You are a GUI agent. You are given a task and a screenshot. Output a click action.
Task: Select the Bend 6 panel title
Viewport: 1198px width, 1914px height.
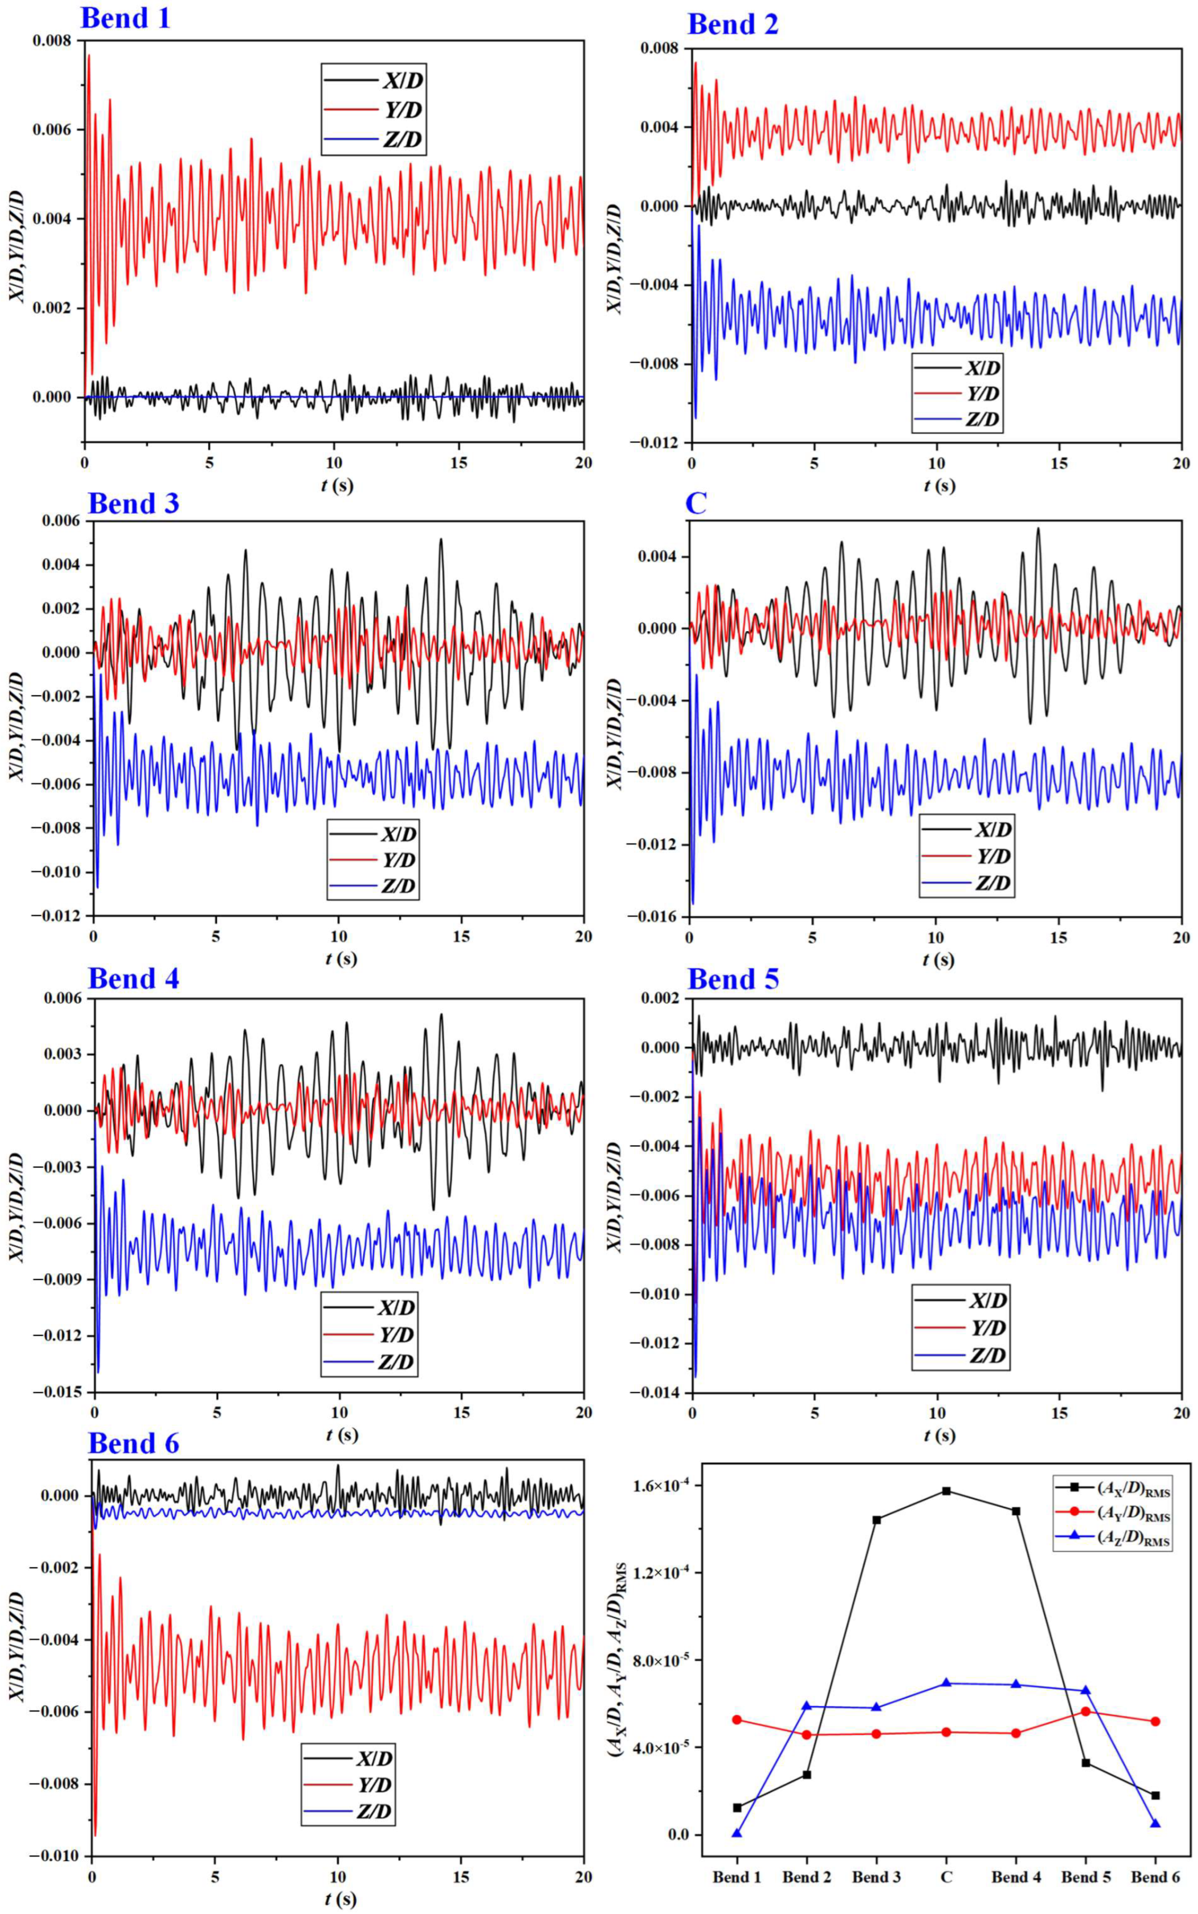(x=133, y=1443)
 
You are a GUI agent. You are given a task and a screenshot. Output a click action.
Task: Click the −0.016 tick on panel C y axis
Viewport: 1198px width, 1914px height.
(x=651, y=916)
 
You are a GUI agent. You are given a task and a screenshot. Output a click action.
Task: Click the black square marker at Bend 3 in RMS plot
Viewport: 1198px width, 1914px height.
(x=876, y=1520)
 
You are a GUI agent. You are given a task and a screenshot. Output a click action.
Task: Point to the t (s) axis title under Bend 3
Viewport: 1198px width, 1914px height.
(x=341, y=959)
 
